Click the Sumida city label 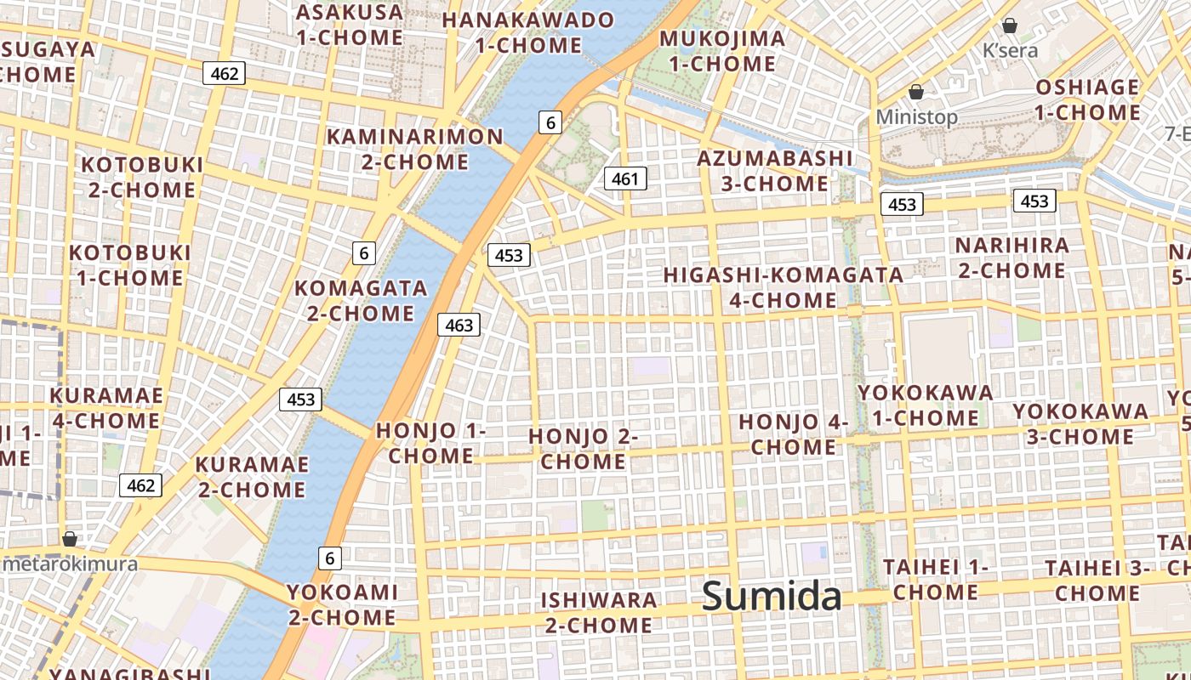point(772,596)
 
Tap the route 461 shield point(625,178)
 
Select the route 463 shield point(459,325)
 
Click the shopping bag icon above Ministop point(916,92)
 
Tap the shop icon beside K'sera point(1010,25)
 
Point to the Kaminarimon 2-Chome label point(415,149)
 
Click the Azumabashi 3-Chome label point(774,171)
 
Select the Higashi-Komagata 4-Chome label point(783,287)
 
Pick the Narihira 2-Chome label point(1011,258)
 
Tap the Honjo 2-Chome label point(584,449)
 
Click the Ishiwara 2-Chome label point(599,612)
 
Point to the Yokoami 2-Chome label point(342,604)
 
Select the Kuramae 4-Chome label point(106,408)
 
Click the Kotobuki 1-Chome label point(130,265)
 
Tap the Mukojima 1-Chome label point(722,51)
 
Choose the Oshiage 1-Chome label point(1087,99)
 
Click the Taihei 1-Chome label point(935,579)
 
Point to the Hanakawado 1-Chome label point(528,32)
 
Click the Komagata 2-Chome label point(361,300)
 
